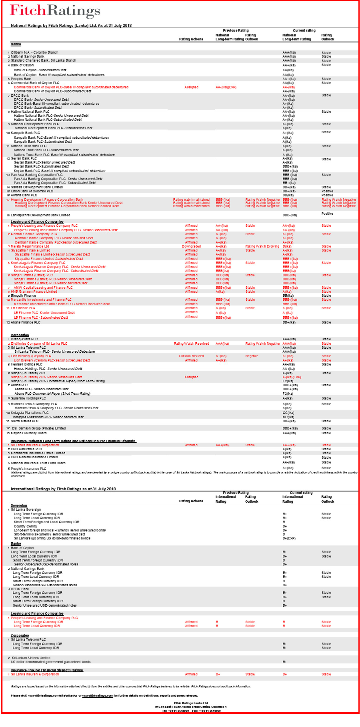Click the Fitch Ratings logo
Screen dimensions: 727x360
[x=55, y=11]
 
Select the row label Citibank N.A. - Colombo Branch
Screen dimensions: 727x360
[x=34, y=52]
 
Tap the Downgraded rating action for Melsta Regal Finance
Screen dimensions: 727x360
[x=191, y=246]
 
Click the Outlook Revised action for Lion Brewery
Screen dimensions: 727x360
[x=191, y=356]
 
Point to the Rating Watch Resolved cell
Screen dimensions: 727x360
[x=191, y=344]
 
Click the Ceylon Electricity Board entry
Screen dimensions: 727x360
[x=29, y=433]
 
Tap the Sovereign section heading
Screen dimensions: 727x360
[x=19, y=505]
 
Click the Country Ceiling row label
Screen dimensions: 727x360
[x=25, y=526]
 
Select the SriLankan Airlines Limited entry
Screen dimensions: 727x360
[x=31, y=658]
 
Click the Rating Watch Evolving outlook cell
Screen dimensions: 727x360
[x=262, y=246]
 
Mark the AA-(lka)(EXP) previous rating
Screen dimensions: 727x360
[x=226, y=87]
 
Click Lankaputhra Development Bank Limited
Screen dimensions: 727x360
[x=40, y=215]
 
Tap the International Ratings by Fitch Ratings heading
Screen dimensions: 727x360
[x=63, y=489]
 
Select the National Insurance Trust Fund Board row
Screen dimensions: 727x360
[x=38, y=463]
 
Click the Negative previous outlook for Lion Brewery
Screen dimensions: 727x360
[x=252, y=356]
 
